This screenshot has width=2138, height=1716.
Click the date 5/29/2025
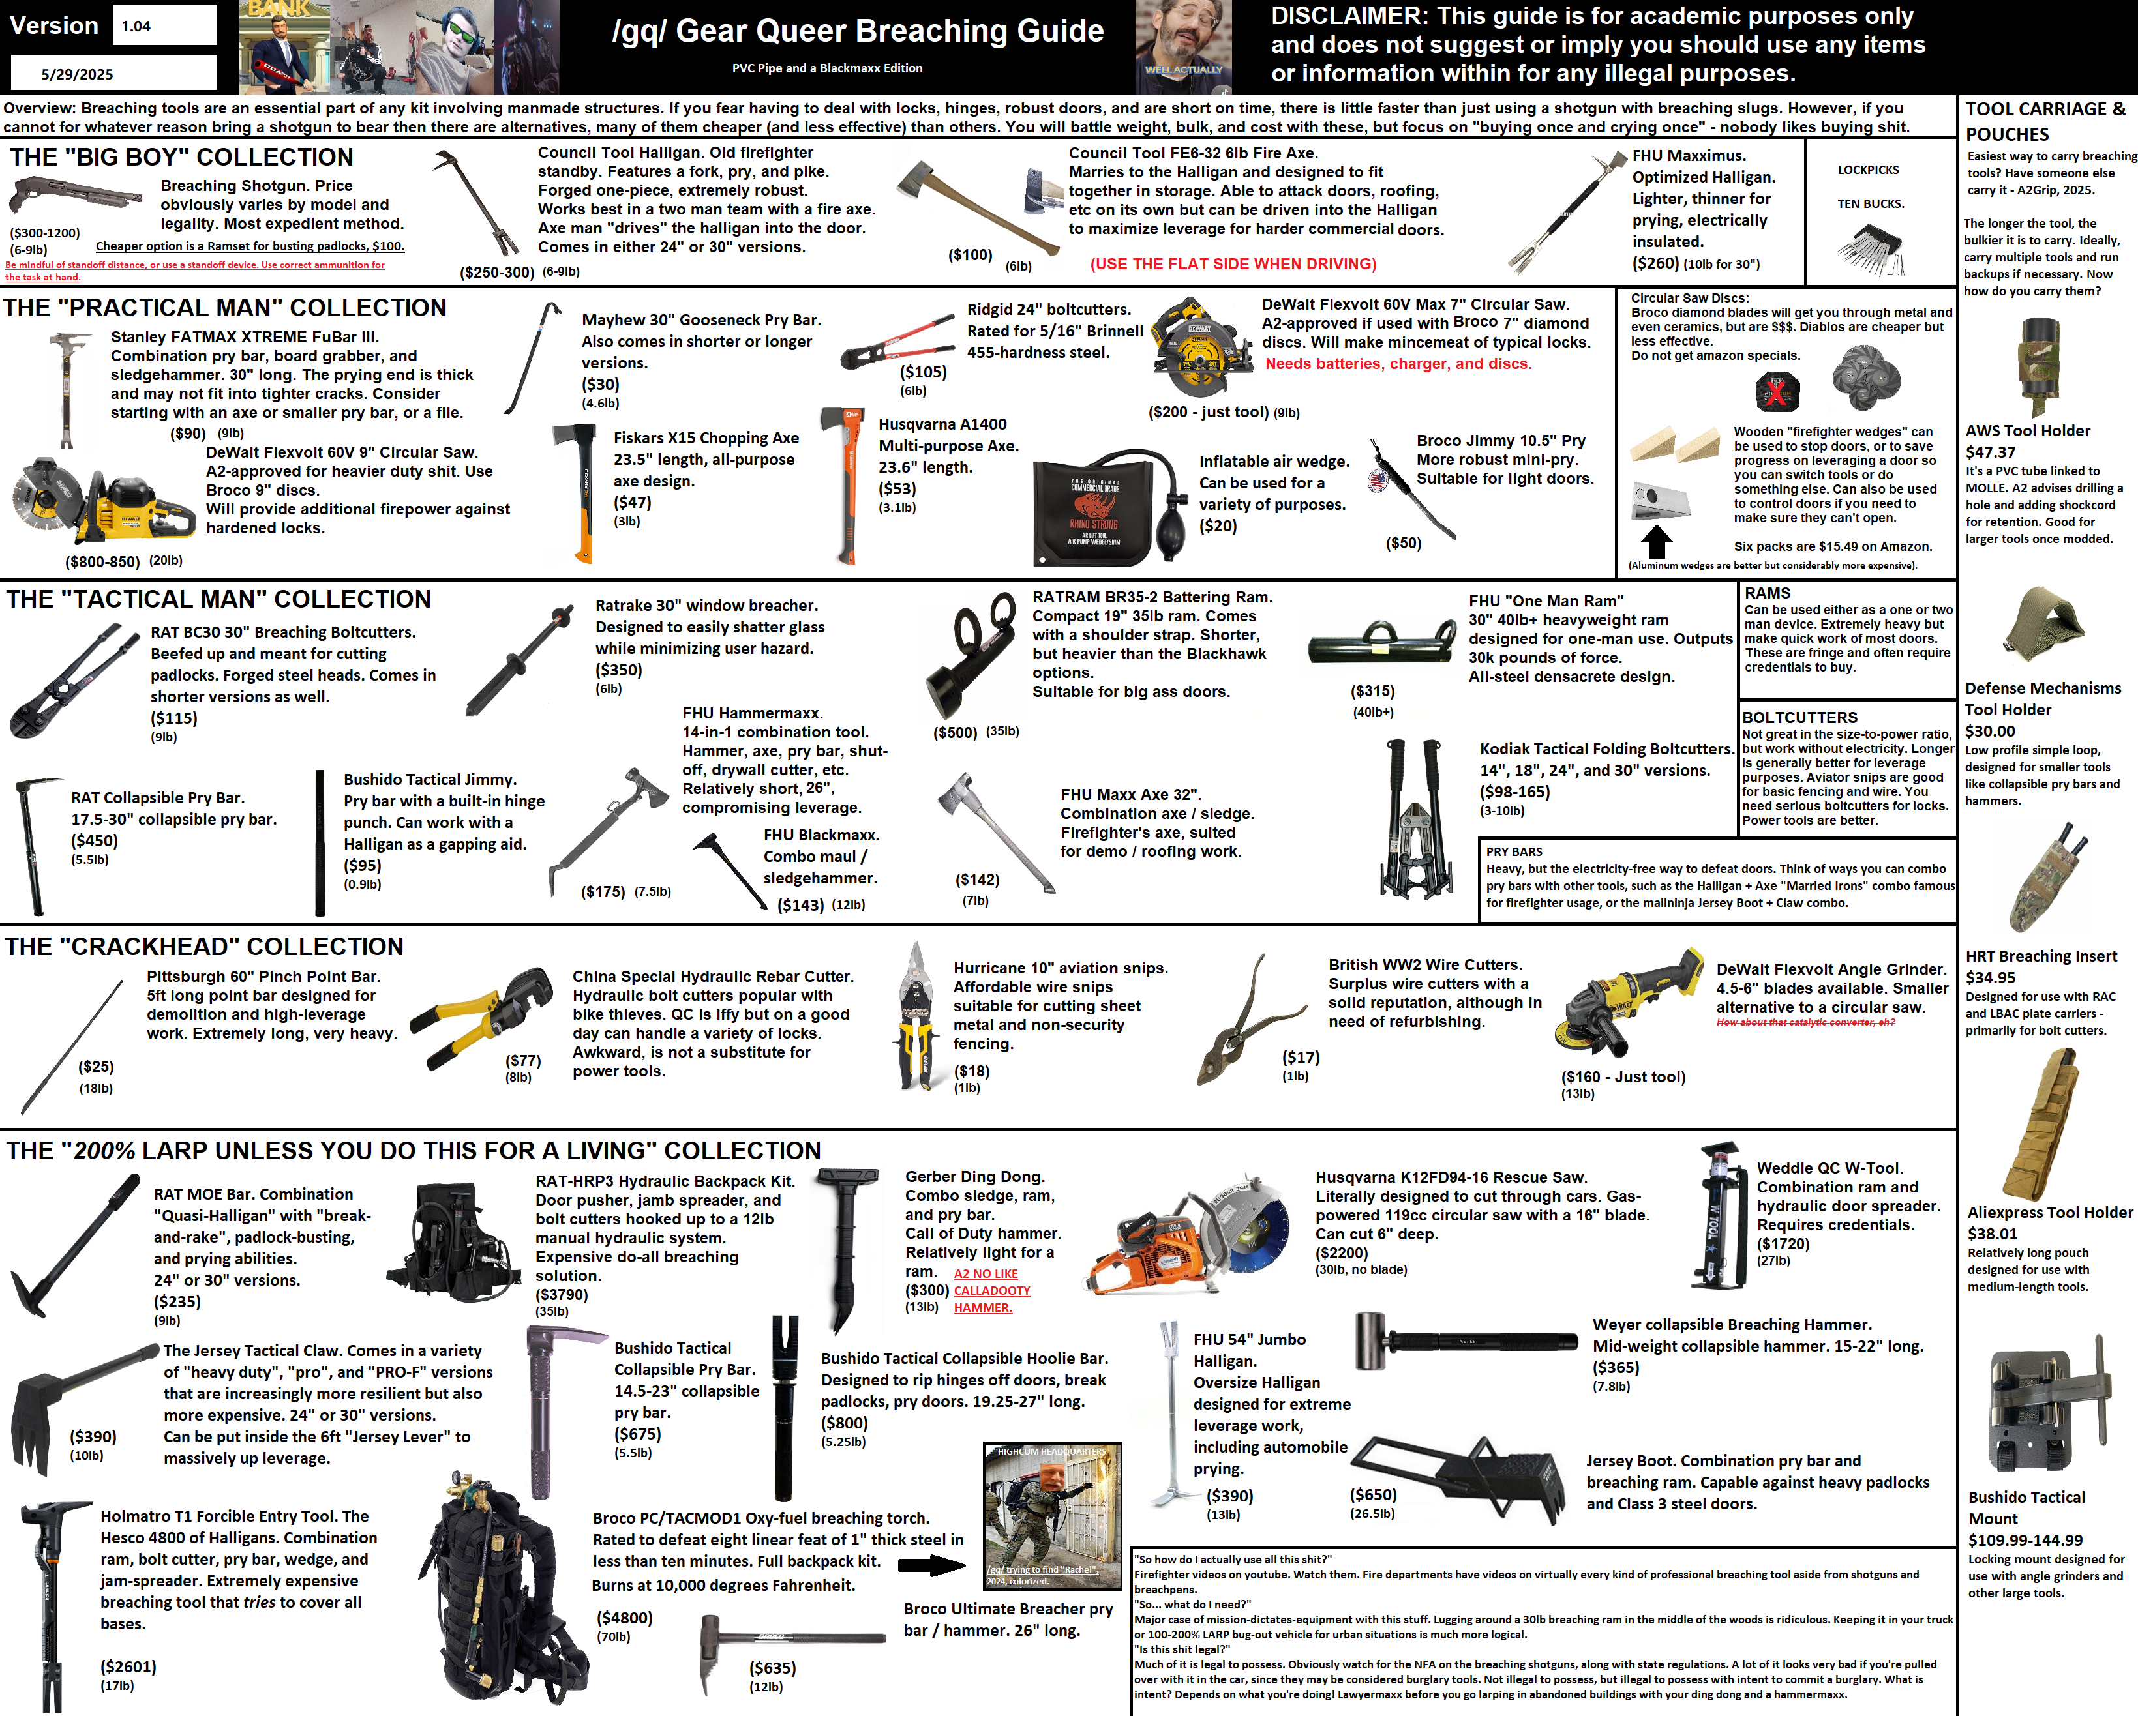[78, 74]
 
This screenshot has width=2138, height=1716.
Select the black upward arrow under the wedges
[1656, 540]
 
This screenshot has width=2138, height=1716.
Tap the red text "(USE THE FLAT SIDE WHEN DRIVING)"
[1233, 263]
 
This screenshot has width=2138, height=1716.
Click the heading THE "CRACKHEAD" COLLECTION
[204, 947]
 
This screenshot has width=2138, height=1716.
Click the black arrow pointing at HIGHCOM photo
[932, 1565]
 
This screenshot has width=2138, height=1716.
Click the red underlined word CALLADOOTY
[991, 1291]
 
